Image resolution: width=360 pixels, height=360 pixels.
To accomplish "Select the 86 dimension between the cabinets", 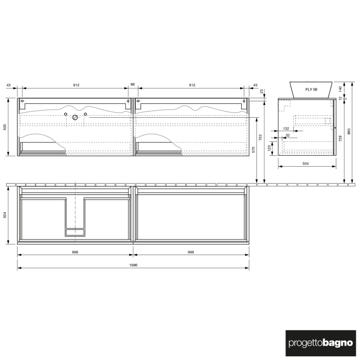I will (133, 84).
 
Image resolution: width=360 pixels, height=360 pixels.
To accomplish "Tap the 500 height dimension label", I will (5, 127).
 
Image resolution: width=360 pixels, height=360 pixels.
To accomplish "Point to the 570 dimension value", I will (254, 150).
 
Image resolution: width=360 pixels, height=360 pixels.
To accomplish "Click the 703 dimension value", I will (261, 138).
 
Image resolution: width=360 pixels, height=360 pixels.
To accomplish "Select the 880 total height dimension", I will (349, 132).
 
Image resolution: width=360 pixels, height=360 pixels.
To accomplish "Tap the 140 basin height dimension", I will (340, 88).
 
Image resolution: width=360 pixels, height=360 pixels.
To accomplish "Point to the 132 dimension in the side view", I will (286, 129).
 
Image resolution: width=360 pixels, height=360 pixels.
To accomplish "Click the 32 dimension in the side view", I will (287, 136).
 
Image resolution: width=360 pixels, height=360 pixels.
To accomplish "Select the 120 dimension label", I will (269, 148).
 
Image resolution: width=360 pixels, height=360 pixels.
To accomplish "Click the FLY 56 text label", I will (312, 89).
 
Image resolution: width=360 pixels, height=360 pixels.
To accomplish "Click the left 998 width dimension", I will (75, 252).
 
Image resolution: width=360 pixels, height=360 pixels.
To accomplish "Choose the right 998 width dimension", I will (191, 252).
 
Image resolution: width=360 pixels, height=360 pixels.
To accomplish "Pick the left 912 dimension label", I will (76, 84).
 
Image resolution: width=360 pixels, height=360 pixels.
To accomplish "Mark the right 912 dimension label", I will (192, 84).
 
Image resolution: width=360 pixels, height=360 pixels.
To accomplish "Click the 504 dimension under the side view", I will (305, 164).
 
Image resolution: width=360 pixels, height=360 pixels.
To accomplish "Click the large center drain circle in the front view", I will (76, 118).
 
